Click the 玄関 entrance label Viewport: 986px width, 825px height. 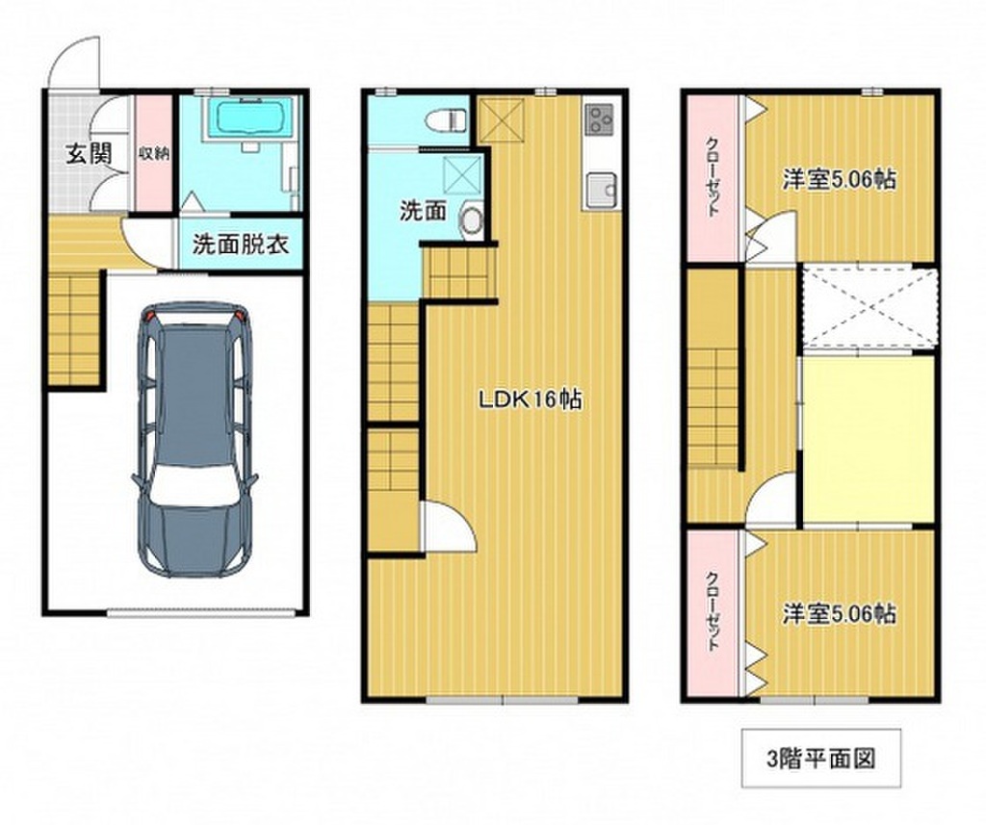click(90, 153)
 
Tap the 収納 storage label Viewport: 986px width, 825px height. click(154, 152)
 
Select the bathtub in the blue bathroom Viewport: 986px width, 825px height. click(249, 117)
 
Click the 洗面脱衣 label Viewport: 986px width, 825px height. click(241, 244)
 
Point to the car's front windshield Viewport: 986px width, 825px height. click(193, 484)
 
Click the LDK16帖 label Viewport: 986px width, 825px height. click(531, 400)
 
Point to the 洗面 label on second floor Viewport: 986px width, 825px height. click(424, 211)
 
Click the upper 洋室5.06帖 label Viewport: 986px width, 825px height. click(839, 180)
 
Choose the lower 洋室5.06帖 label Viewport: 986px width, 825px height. click(839, 613)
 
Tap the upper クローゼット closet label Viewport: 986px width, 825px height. click(712, 176)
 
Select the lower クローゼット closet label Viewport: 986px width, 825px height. click(712, 610)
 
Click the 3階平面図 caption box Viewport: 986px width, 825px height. click(821, 759)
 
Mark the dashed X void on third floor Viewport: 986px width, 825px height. click(870, 307)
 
